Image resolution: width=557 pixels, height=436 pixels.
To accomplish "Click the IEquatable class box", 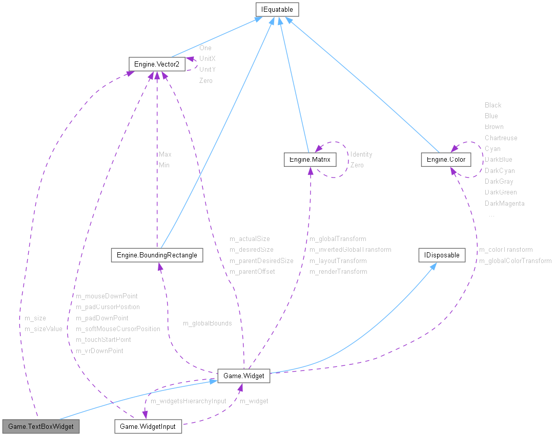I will point(277,9).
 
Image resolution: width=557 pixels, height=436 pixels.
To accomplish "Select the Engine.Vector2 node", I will point(156,64).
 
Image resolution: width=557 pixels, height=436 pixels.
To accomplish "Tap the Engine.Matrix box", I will point(310,160).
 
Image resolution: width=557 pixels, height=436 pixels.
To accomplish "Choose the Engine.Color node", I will point(446,160).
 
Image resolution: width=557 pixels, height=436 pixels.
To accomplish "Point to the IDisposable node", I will point(442,255).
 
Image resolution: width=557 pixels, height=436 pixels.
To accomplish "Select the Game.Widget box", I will point(244,376).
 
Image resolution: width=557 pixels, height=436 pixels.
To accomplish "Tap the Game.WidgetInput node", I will point(148,426).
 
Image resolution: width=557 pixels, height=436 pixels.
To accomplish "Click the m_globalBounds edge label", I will point(208,323).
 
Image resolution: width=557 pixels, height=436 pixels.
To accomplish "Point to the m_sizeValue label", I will point(44,329).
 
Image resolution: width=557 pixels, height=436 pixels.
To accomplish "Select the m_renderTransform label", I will point(338,272).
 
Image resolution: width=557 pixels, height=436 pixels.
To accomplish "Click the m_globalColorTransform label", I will point(515,261).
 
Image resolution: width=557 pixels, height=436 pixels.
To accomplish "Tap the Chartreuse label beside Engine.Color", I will point(501,138).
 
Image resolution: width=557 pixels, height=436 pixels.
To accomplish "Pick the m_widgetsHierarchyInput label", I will point(188,401).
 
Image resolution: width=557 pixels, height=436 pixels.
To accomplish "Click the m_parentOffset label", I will point(252,272).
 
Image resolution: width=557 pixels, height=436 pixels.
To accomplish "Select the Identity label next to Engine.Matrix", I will point(361,155).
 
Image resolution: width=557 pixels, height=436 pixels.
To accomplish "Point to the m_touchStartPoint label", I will point(104,340).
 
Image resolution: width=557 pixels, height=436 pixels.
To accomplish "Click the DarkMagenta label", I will point(505,204).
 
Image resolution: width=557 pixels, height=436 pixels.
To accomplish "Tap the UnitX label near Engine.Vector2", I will point(208,59).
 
